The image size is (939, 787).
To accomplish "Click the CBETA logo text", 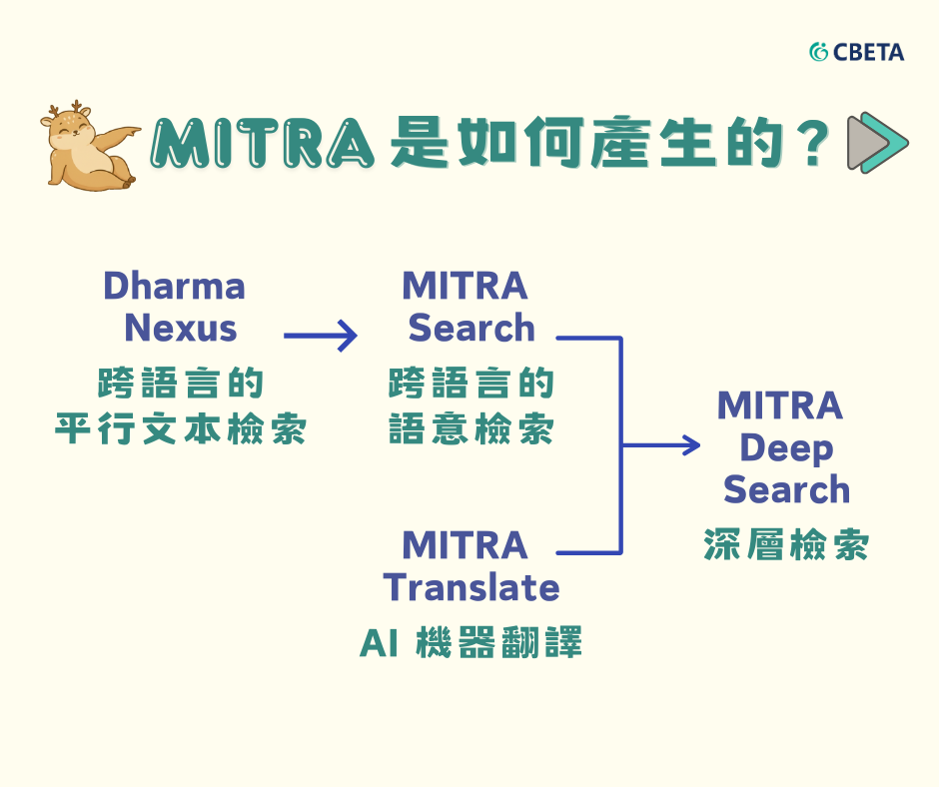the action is click(x=868, y=52).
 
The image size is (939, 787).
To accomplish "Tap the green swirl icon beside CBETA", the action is click(x=818, y=52).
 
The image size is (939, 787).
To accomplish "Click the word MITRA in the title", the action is click(x=263, y=143).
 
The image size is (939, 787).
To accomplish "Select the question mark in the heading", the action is click(x=813, y=143).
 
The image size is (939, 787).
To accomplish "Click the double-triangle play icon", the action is click(x=878, y=143).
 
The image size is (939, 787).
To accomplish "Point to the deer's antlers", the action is click(x=65, y=109).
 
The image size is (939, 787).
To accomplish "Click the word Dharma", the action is click(x=174, y=286).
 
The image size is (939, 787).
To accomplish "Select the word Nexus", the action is click(x=180, y=329).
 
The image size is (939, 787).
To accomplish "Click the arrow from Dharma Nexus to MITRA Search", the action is click(x=321, y=336).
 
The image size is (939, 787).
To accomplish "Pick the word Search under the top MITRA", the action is click(x=471, y=329).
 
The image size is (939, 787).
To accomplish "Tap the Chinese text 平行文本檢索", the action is click(x=180, y=428).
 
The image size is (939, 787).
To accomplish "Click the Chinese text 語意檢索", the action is click(x=471, y=428).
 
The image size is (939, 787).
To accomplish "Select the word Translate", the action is click(x=471, y=587).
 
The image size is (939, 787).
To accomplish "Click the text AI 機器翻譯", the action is click(x=470, y=642).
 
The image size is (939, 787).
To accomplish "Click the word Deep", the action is click(x=786, y=449).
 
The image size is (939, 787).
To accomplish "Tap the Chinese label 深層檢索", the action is click(x=786, y=544).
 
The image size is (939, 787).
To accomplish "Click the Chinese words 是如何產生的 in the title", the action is click(x=587, y=143).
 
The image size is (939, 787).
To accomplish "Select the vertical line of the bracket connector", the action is click(x=621, y=445).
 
